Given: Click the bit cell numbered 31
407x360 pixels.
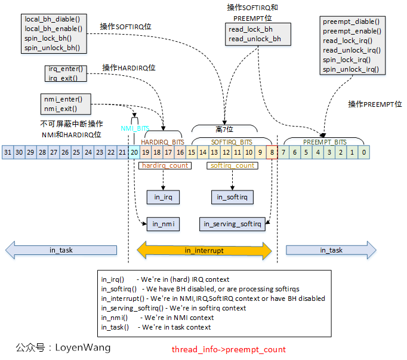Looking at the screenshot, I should coord(8,152).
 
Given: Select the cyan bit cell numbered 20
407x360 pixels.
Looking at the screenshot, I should coord(134,152).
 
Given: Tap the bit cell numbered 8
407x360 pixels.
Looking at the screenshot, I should coord(272,152).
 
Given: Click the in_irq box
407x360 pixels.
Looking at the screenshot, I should coord(163,197).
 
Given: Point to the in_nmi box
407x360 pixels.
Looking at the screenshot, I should coord(163,224).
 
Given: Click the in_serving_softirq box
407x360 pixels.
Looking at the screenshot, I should coord(232,224).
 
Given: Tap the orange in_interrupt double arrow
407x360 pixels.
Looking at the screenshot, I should coord(204,250).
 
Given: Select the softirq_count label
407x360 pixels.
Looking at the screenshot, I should coord(233,165).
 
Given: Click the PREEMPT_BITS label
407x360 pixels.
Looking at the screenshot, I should coord(324,142).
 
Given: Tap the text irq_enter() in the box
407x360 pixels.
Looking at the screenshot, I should coord(66,69).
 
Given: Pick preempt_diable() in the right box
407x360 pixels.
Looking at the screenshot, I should coord(351,22).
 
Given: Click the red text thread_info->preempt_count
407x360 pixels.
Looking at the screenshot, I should coord(229,349).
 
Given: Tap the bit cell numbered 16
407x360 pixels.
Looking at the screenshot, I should coord(180,152).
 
